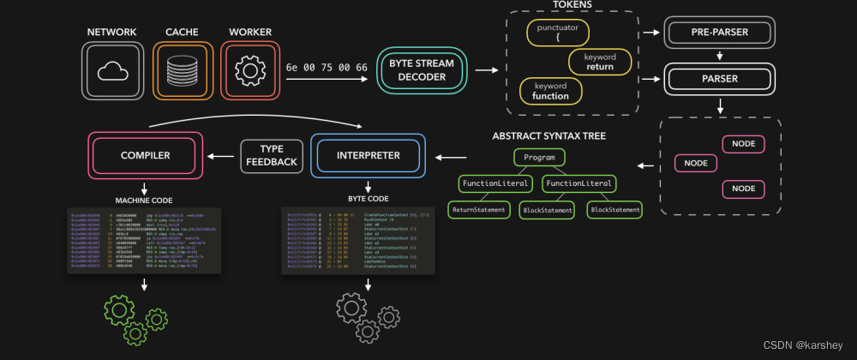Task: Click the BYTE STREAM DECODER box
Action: pos(423,71)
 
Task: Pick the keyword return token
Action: pos(600,62)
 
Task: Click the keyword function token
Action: pos(551,91)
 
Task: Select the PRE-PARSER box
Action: pos(720,34)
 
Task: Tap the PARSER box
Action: pos(720,80)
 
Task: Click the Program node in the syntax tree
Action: pos(539,158)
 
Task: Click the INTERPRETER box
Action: pos(368,156)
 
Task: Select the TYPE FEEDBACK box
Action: pos(272,156)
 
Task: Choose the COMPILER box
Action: pos(145,156)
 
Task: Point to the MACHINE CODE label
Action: pos(144,201)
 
